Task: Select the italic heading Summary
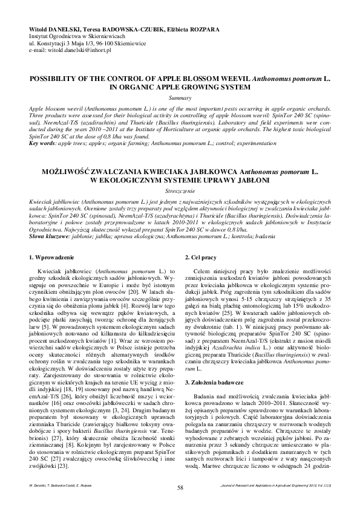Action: [x=180, y=97]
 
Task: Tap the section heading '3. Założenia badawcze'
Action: [x=214, y=366]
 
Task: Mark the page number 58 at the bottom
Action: [x=180, y=487]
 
